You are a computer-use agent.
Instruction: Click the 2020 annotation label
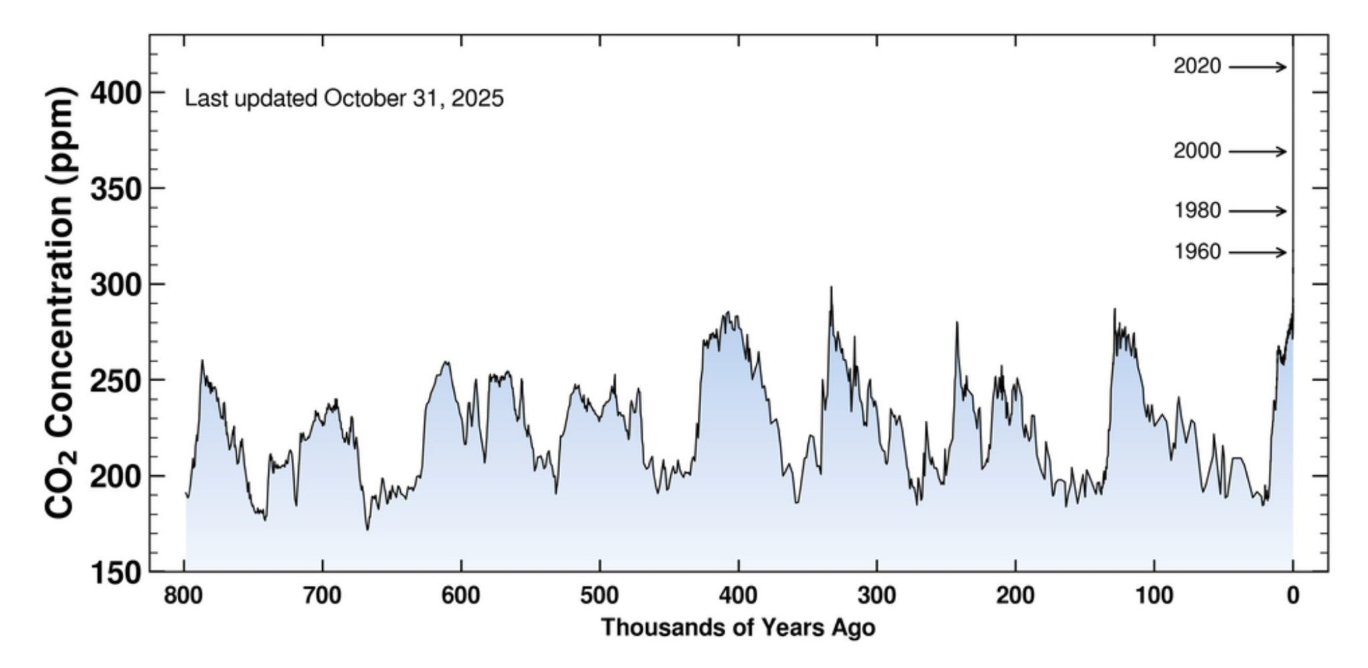pyautogui.click(x=1196, y=66)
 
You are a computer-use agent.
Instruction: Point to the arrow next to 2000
pyautogui.click(x=1257, y=151)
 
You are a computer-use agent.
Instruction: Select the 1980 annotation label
pyautogui.click(x=1197, y=211)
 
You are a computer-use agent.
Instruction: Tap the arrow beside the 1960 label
pyautogui.click(x=1257, y=253)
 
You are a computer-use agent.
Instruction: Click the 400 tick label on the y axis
pyautogui.click(x=116, y=92)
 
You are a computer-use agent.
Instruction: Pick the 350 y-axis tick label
pyautogui.click(x=116, y=189)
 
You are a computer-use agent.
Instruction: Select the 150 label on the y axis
pyautogui.click(x=116, y=572)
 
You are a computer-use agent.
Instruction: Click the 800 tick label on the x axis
pyautogui.click(x=183, y=596)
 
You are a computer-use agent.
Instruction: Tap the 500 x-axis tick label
pyautogui.click(x=599, y=596)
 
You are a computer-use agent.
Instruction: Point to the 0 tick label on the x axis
pyautogui.click(x=1292, y=596)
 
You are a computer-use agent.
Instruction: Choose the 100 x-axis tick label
pyautogui.click(x=1154, y=596)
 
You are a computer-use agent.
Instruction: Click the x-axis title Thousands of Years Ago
pyautogui.click(x=738, y=628)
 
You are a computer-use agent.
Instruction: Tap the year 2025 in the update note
pyautogui.click(x=477, y=99)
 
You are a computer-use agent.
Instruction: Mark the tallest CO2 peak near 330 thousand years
pyautogui.click(x=831, y=287)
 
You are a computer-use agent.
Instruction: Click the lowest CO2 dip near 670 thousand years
pyautogui.click(x=367, y=529)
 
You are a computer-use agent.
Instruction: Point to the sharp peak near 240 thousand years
pyautogui.click(x=957, y=322)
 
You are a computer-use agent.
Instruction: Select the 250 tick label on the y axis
pyautogui.click(x=116, y=381)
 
